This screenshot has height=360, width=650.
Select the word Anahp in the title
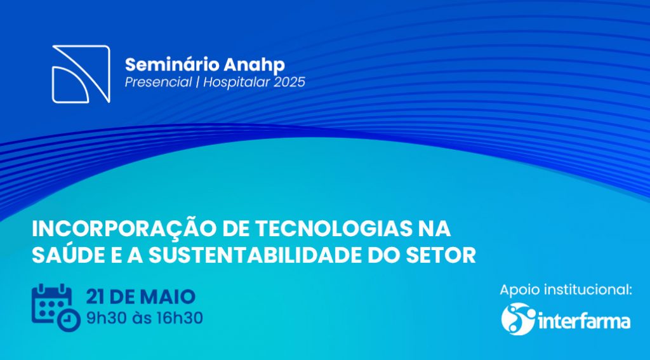(x=255, y=65)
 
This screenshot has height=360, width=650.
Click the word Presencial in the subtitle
(x=158, y=82)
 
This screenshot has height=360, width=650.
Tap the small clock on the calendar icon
(x=69, y=320)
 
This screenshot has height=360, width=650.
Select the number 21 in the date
(x=95, y=297)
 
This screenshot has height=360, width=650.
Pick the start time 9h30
(x=107, y=318)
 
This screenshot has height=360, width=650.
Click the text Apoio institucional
(x=566, y=290)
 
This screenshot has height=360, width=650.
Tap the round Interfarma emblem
(x=518, y=319)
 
